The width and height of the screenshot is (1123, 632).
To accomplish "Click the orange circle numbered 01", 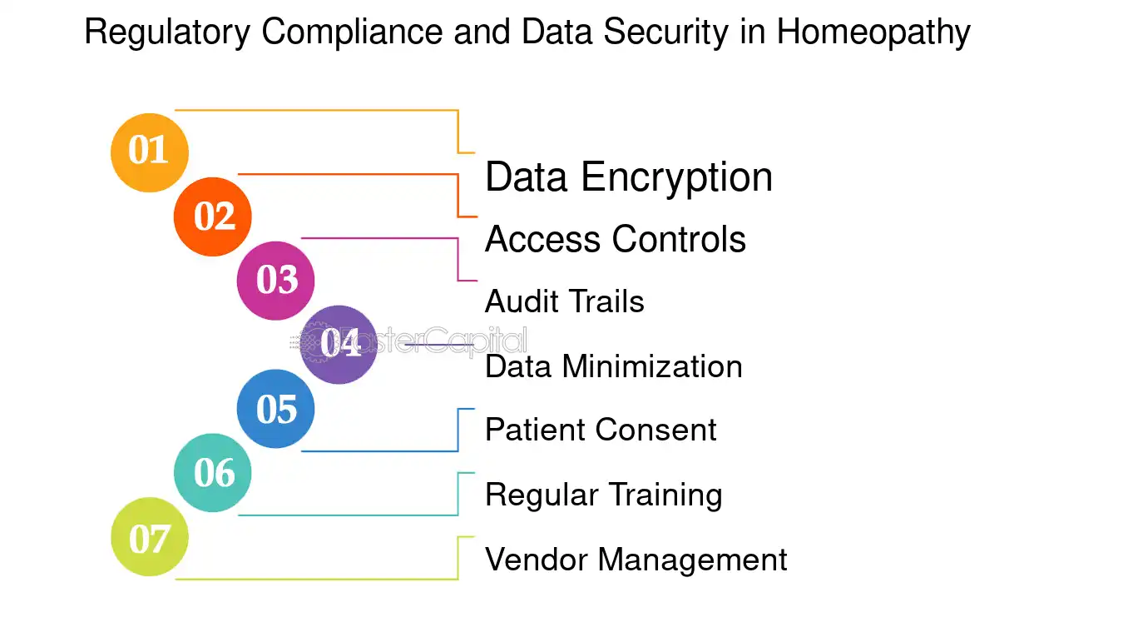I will tap(150, 152).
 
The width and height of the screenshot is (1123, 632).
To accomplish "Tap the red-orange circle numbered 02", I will tap(213, 216).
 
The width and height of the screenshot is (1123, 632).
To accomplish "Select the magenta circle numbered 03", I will tap(276, 281).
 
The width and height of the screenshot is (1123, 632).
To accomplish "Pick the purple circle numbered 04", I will tap(339, 344).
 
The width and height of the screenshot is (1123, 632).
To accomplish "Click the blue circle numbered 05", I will tap(276, 409).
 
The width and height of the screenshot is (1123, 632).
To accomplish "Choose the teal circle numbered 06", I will tap(213, 473).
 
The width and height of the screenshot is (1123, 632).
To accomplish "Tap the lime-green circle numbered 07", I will tap(150, 537).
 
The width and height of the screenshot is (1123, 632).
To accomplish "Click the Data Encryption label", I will tap(628, 177).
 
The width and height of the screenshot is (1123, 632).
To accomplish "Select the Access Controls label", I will tap(615, 240).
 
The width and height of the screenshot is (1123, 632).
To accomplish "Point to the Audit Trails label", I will tap(564, 301).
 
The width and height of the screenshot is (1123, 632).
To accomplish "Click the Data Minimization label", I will tap(613, 366).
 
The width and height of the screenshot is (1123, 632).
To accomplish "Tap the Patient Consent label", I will tap(600, 430).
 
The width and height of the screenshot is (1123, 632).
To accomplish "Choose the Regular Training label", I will tap(603, 495).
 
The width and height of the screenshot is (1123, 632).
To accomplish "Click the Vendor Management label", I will tap(636, 559).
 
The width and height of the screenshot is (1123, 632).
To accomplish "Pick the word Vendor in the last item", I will tap(537, 559).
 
